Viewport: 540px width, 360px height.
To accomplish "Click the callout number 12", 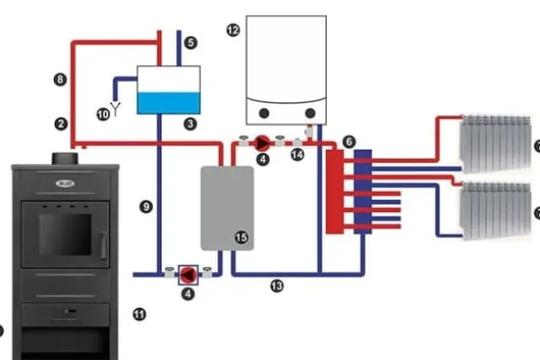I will coord(234,31).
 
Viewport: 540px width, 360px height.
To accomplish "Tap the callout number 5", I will coord(191,43).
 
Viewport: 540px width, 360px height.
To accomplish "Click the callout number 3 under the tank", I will coord(190,123).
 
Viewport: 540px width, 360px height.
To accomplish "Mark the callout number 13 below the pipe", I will coord(277,284).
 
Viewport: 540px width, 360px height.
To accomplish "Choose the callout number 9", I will coord(145,205).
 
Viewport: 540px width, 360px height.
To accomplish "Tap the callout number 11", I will coord(140,314).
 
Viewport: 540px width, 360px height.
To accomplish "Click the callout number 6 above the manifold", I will coord(348,140).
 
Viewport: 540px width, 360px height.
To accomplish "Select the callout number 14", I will coord(298,154).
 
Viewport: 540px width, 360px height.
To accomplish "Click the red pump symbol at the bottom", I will coord(189,273).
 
